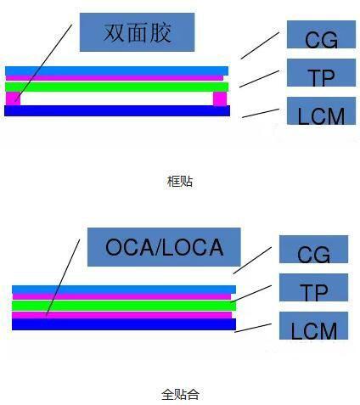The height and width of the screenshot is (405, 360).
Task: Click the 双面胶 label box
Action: (x=137, y=32)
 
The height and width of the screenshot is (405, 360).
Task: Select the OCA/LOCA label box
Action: (x=164, y=247)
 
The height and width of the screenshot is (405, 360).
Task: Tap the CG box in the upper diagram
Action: (x=321, y=34)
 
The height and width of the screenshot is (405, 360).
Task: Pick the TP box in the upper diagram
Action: (x=321, y=72)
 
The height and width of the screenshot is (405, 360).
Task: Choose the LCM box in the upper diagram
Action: (x=321, y=110)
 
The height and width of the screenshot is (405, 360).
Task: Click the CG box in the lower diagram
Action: (x=313, y=249)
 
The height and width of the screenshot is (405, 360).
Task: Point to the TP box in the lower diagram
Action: (x=313, y=287)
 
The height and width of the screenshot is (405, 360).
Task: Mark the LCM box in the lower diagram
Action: (x=313, y=325)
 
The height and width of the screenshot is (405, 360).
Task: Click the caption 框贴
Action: (x=180, y=182)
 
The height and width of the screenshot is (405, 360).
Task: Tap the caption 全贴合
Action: (x=180, y=394)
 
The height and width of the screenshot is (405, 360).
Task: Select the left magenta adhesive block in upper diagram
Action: (x=13, y=98)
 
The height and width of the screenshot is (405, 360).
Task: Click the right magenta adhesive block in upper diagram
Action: (x=220, y=98)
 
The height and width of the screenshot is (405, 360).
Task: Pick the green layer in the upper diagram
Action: (x=116, y=87)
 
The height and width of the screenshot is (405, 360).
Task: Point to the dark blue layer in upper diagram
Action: (x=117, y=110)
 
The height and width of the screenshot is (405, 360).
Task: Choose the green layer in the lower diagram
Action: (x=124, y=306)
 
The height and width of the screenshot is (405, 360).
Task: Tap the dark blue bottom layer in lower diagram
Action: (x=124, y=324)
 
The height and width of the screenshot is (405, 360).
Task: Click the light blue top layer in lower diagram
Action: (x=124, y=290)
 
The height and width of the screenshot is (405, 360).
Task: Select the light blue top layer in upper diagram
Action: (x=116, y=70)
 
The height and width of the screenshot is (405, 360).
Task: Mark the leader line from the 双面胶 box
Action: (x=44, y=63)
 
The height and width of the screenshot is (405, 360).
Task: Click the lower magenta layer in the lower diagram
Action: (x=122, y=315)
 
